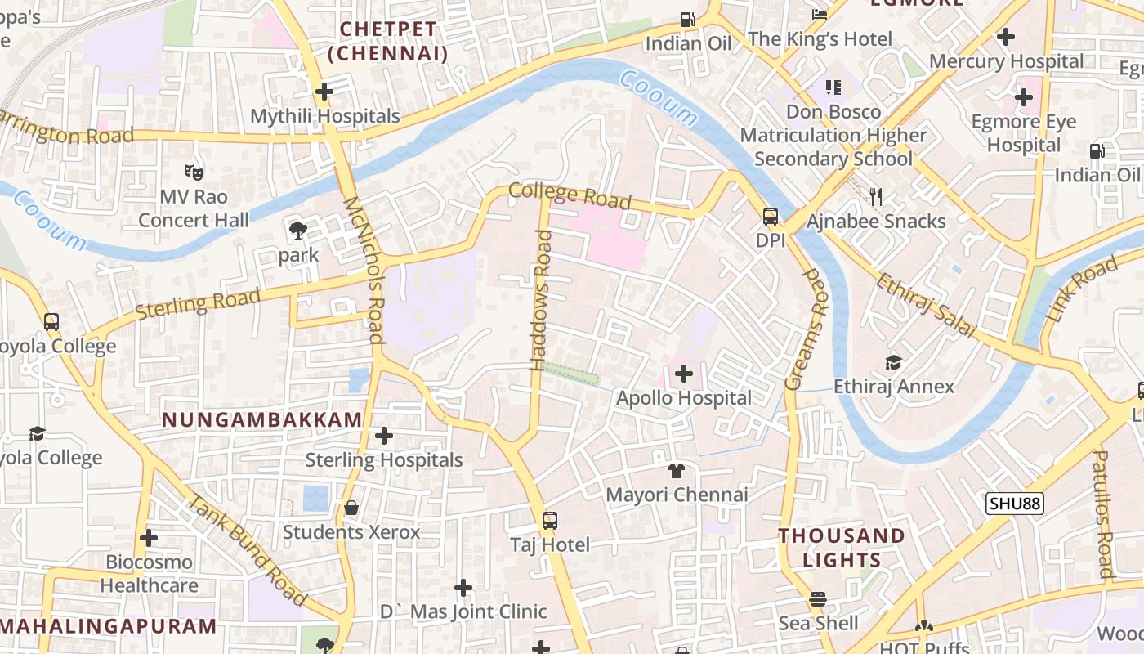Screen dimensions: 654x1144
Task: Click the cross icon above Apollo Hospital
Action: (684, 374)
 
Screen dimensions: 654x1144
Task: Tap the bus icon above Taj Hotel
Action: (550, 520)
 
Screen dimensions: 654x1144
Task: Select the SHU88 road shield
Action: (1014, 503)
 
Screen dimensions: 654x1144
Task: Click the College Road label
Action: (570, 196)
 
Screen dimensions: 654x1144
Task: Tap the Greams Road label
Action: (805, 328)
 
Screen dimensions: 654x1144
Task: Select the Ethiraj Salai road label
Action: (926, 305)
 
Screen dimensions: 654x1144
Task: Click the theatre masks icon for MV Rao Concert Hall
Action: (194, 172)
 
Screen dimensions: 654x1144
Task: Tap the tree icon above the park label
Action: (298, 231)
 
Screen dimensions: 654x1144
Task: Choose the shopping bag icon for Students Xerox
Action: (351, 508)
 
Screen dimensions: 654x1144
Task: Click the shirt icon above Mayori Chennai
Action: (677, 470)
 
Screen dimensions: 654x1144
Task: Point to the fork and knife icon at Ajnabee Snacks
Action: (876, 196)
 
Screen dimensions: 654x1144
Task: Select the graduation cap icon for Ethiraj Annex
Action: (894, 361)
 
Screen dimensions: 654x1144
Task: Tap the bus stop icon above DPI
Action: (771, 217)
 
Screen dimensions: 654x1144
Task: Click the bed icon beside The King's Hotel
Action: (819, 14)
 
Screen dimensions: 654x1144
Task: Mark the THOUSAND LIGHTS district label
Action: (841, 548)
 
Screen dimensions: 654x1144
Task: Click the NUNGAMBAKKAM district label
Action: (261, 420)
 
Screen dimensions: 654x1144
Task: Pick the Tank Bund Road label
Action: (247, 550)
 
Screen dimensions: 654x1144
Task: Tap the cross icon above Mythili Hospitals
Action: (324, 92)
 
